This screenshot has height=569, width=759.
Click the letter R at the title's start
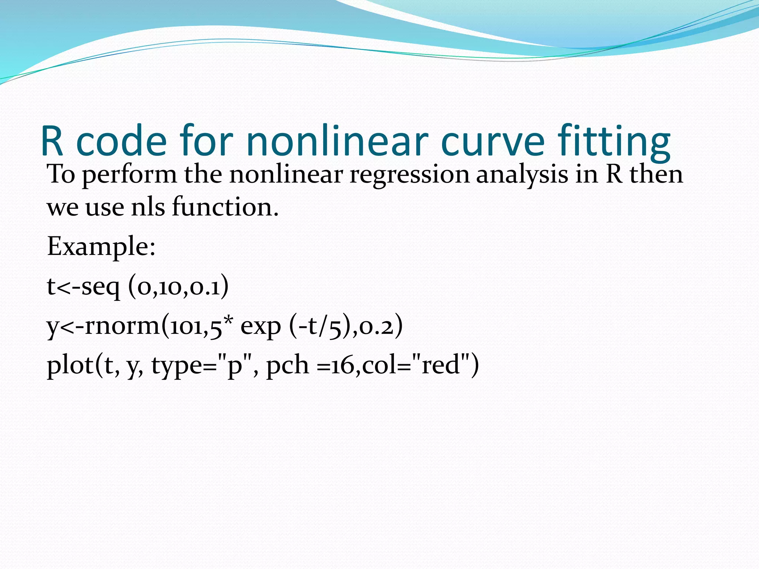point(52,141)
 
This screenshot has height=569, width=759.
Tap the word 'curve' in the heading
point(493,141)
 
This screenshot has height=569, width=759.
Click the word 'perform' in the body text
point(129,174)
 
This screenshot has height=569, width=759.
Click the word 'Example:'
point(101,246)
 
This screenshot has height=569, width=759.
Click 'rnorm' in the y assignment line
point(122,326)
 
